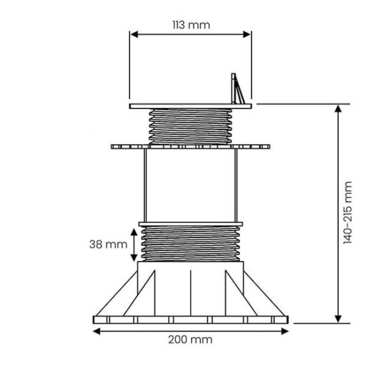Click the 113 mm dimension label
click(x=191, y=25)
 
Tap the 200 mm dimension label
click(x=190, y=340)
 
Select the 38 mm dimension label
click(x=109, y=244)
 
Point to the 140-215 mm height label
click(x=347, y=213)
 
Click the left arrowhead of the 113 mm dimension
click(x=134, y=34)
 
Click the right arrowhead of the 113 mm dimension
click(x=247, y=34)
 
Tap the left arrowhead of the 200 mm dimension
click(x=97, y=331)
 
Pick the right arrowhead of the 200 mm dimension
click(x=285, y=331)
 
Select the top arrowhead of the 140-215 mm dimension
click(x=338, y=109)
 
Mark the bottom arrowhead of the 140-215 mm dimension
click(x=338, y=319)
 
